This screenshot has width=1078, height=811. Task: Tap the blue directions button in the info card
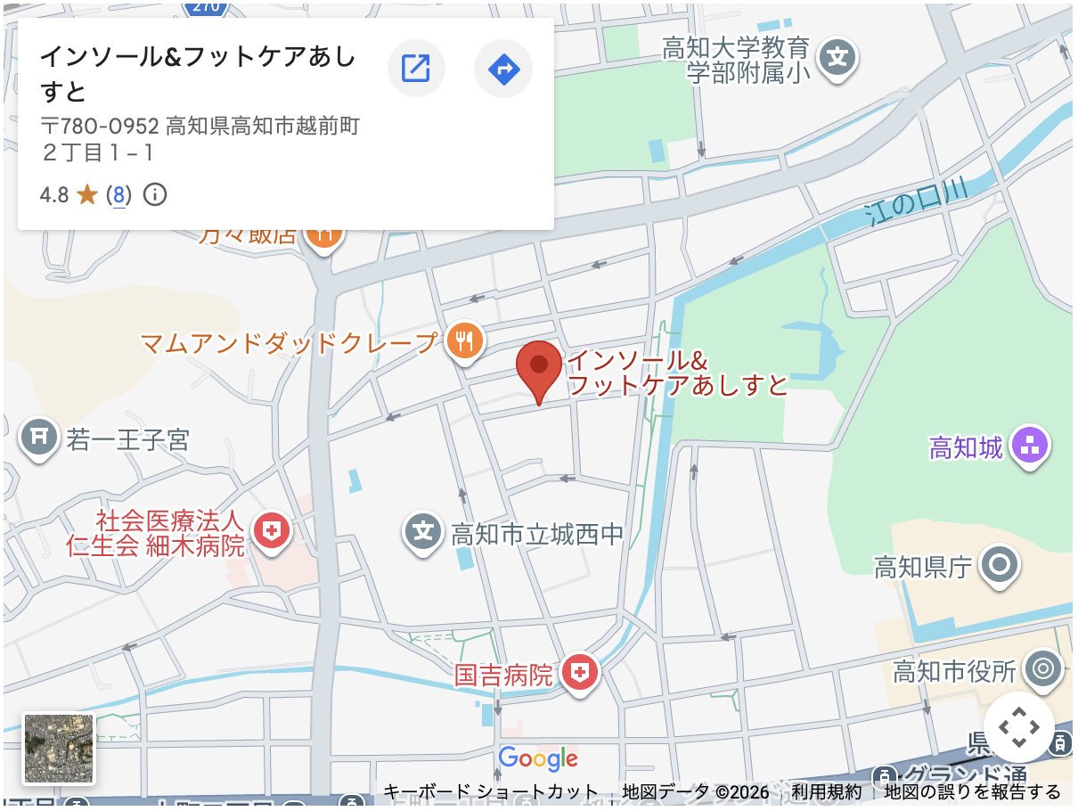point(503,68)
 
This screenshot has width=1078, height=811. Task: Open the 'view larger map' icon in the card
point(416,68)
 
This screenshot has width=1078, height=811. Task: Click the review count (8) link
point(118,195)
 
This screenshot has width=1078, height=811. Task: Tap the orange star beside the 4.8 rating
point(87,195)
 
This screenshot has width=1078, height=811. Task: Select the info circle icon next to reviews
point(155,195)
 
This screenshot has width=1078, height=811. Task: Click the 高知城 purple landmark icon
point(1031,445)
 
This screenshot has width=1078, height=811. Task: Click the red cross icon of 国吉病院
point(580,672)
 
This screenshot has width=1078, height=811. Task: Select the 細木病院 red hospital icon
point(272,532)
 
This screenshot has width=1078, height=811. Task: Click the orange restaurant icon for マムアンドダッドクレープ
point(464,340)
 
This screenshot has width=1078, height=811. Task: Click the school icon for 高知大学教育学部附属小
point(837,58)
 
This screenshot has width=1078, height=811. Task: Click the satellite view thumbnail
point(59,749)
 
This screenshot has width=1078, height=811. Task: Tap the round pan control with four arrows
point(1018,727)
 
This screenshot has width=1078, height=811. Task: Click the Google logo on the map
point(538,758)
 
